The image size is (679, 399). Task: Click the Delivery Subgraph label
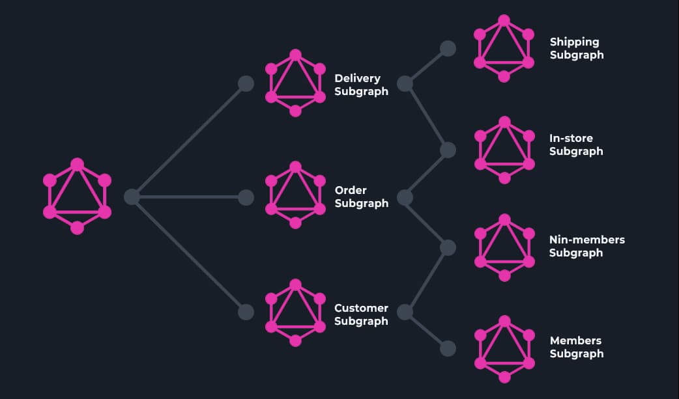point(361,85)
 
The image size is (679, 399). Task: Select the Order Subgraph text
point(361,197)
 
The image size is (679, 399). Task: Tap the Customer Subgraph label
point(361,314)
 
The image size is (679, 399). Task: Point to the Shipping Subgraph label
point(576,48)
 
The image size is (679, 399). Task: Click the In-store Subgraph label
point(576,144)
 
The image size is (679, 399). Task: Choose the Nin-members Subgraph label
point(586,246)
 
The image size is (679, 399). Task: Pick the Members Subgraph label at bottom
point(576,347)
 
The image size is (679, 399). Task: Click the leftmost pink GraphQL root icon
point(77,196)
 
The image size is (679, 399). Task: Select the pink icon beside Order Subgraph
point(295,195)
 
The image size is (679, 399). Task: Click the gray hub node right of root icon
point(132,197)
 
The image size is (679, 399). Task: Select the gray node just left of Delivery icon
point(246,83)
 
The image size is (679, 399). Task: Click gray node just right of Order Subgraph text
point(405,197)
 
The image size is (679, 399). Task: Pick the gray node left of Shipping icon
point(448,49)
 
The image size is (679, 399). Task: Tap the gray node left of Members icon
point(448,348)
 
